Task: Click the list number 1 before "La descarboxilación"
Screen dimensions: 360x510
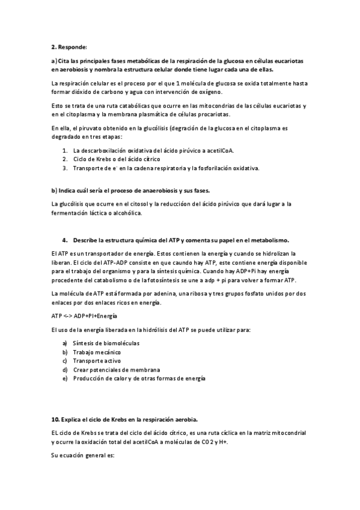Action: pyautogui.click(x=65, y=150)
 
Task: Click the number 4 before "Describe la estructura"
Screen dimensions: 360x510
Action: pyautogui.click(x=64, y=240)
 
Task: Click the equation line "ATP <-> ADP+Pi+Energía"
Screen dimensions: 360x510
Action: pyautogui.click(x=84, y=316)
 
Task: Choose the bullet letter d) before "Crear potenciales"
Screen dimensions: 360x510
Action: pyautogui.click(x=65, y=370)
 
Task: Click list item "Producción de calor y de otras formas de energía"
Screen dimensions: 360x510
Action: pyautogui.click(x=139, y=379)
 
